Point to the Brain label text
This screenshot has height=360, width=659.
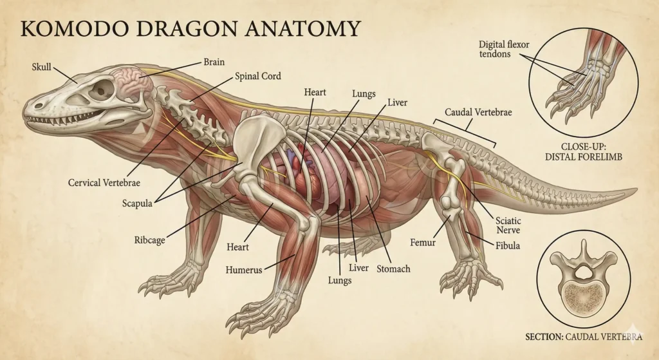[x=214, y=62]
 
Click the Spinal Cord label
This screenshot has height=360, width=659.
[x=258, y=76]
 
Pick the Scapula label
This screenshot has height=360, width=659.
[x=138, y=204]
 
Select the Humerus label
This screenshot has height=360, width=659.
[x=243, y=270]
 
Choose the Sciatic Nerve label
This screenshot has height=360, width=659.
[x=508, y=225]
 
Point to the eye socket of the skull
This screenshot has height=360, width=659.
[x=102, y=90]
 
